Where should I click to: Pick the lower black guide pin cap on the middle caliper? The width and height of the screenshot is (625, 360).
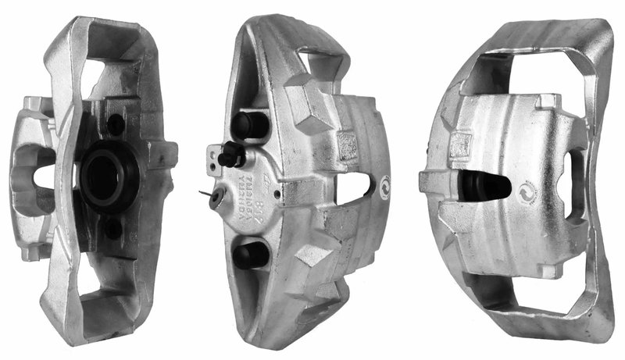(249, 255)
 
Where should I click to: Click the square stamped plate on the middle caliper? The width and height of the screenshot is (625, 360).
(345, 144)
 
